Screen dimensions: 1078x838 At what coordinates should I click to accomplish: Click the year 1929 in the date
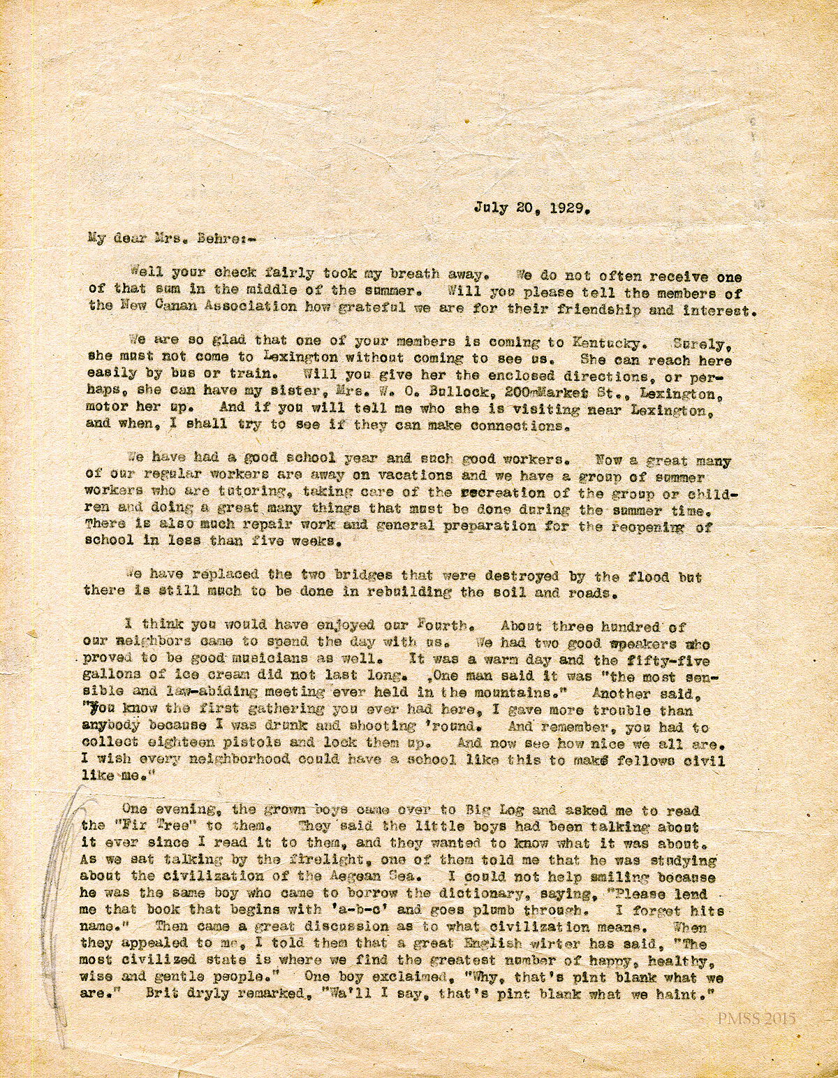point(572,207)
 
